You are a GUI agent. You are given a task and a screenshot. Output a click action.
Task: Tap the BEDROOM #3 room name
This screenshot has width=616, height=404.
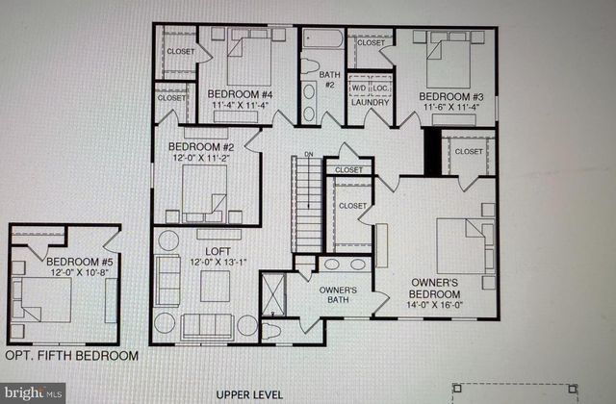450,96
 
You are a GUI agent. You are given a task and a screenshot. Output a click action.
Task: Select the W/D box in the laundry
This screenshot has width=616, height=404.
357,87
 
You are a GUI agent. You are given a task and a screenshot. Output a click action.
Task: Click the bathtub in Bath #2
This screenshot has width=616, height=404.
319,41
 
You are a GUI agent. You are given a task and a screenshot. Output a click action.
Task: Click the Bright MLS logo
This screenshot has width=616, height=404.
34,391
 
